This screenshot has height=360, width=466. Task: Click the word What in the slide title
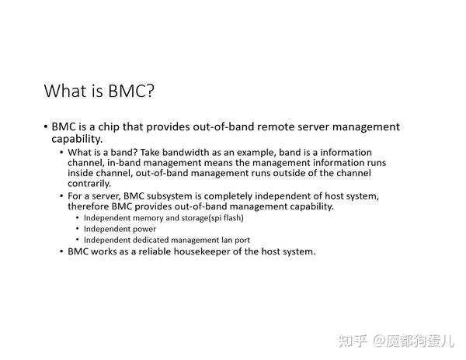(65, 91)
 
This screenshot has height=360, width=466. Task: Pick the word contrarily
(89, 184)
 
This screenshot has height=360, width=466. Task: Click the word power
(145, 230)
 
